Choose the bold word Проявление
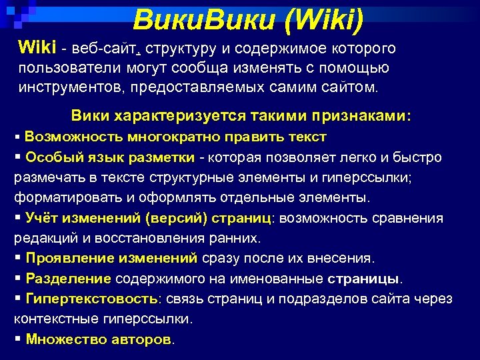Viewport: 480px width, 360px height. click(x=68, y=258)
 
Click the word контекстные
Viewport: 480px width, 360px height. click(x=55, y=319)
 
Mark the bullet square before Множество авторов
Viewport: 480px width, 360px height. click(x=17, y=339)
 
